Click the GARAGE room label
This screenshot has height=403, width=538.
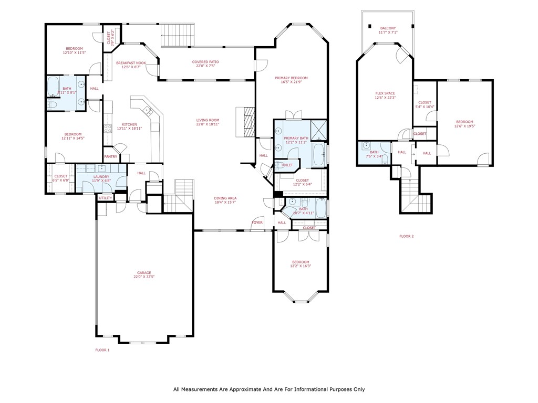(144, 272)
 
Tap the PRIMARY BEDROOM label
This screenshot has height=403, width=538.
(291, 78)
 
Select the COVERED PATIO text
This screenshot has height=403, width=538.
(205, 62)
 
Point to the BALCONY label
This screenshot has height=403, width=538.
(388, 28)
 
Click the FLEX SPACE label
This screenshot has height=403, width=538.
(385, 93)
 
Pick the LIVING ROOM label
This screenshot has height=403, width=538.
(207, 120)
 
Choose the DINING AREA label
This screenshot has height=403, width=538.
(225, 198)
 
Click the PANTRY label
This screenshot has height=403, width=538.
(110, 156)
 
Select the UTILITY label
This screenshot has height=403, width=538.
(105, 198)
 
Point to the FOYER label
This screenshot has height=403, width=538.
(257, 222)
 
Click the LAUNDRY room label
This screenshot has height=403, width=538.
(101, 177)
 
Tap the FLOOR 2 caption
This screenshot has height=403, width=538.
(407, 236)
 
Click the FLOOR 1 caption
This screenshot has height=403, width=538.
(102, 349)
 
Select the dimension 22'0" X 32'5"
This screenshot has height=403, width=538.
(144, 277)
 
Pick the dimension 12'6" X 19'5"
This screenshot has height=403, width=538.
(464, 126)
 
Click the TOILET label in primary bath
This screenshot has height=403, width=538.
(287, 165)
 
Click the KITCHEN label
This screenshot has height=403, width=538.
(129, 124)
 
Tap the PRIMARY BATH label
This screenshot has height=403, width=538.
(296, 139)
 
